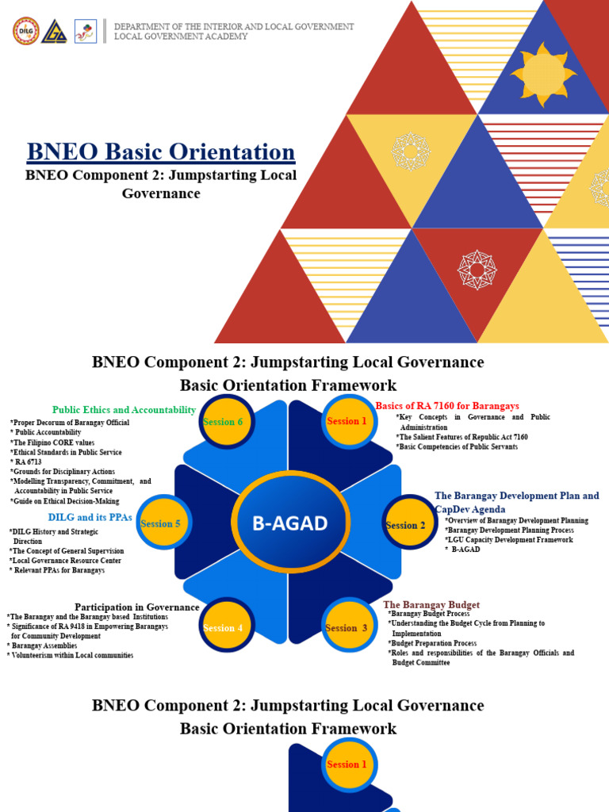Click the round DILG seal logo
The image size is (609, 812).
[25, 31]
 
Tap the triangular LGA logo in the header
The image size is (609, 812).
[55, 31]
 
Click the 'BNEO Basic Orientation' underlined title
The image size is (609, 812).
[161, 151]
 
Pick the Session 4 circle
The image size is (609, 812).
[227, 627]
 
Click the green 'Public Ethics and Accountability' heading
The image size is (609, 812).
[124, 410]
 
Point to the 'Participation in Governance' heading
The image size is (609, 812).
[136, 607]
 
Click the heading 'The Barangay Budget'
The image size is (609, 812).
[431, 605]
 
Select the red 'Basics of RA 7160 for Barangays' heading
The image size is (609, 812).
[447, 406]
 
